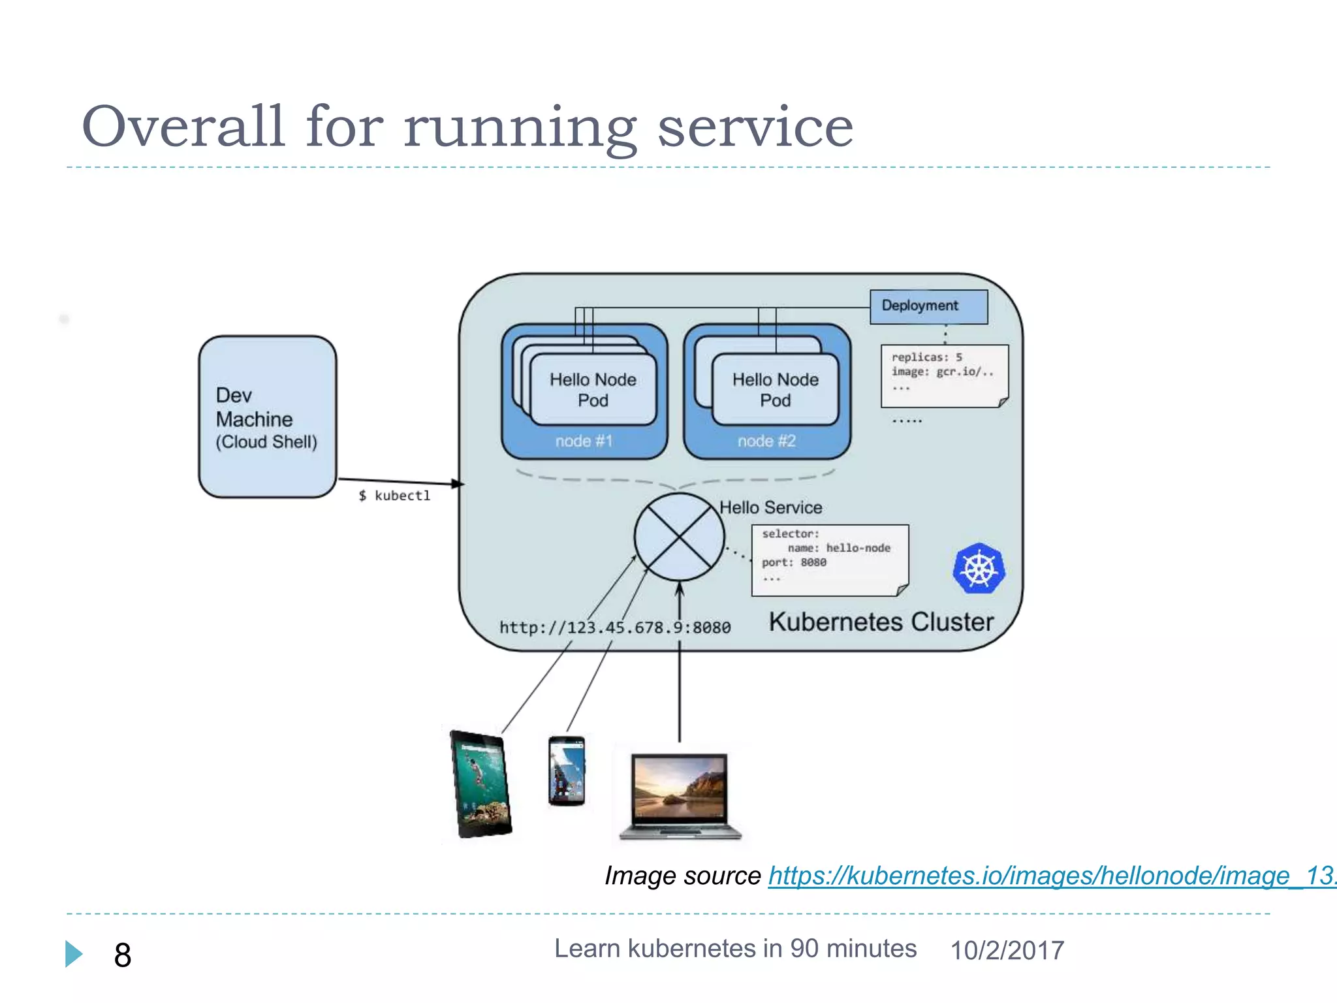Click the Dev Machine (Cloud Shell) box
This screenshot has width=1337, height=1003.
click(268, 417)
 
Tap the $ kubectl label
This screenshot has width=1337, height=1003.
click(394, 496)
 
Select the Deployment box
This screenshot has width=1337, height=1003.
click(928, 306)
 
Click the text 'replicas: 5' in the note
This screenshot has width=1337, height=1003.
click(926, 357)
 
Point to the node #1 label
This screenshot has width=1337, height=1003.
click(584, 441)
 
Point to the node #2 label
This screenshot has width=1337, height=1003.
click(766, 441)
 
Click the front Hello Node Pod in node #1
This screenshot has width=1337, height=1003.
click(593, 390)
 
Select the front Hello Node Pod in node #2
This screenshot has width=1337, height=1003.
click(775, 390)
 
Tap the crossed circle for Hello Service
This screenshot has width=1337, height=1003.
click(679, 537)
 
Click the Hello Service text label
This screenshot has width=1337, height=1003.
click(770, 507)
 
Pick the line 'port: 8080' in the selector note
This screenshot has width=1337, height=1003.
click(794, 562)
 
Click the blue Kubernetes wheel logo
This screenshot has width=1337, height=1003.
click(979, 568)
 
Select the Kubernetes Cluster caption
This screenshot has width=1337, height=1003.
click(881, 622)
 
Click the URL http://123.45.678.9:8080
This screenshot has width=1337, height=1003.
click(614, 628)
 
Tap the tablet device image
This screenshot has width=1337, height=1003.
click(481, 784)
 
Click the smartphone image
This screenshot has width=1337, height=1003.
click(566, 771)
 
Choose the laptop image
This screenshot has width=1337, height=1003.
click(680, 795)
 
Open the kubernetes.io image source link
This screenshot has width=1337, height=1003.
click(1051, 876)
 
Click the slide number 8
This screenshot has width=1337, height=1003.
click(123, 955)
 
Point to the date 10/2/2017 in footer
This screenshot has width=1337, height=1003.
click(1007, 950)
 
